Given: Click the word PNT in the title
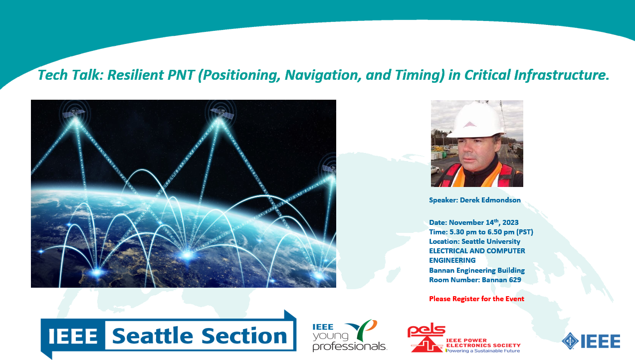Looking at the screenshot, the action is click(x=181, y=75).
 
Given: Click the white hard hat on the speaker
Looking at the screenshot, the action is click(x=476, y=119).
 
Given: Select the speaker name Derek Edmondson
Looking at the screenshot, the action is click(x=490, y=200).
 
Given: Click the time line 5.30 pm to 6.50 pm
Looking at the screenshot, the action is click(x=482, y=232).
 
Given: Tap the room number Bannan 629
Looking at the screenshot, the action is click(x=501, y=280).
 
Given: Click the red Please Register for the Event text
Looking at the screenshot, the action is click(x=476, y=299).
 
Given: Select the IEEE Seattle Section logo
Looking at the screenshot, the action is click(x=169, y=335).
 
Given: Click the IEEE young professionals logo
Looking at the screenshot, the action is click(x=349, y=336).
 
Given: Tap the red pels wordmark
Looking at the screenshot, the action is click(x=426, y=330).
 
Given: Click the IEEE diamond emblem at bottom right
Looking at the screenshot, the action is click(x=570, y=341).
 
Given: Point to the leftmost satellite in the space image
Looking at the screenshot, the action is click(x=74, y=113).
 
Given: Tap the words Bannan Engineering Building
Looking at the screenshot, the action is click(x=477, y=270).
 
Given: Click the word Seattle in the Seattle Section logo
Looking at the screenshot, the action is click(x=153, y=336).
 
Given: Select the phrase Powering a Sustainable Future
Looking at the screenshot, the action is click(x=483, y=351).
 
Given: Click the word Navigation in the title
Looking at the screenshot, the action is click(x=323, y=75).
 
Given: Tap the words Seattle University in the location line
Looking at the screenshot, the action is click(x=491, y=241).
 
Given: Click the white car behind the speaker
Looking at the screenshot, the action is click(x=435, y=170).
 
